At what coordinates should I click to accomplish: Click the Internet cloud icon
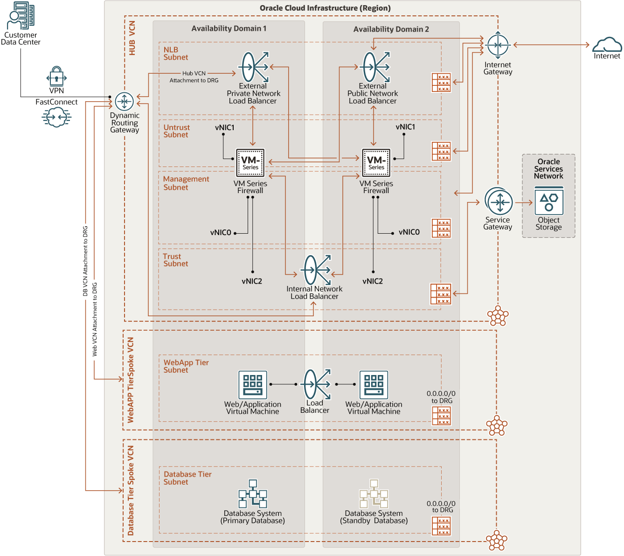[607, 45]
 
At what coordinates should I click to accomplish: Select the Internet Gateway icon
[498, 45]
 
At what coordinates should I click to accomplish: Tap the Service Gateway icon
[499, 202]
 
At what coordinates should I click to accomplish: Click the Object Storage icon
[549, 201]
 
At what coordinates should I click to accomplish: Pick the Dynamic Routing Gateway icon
[124, 101]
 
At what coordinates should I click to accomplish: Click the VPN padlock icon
[56, 76]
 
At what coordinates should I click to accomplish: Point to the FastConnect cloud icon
[56, 117]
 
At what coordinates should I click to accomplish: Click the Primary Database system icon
[253, 494]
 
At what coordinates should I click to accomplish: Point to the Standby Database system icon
[374, 494]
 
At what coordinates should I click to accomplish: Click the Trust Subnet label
[175, 260]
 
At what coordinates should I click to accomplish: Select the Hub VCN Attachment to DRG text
[194, 76]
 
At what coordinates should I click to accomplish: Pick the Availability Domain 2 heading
[391, 29]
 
